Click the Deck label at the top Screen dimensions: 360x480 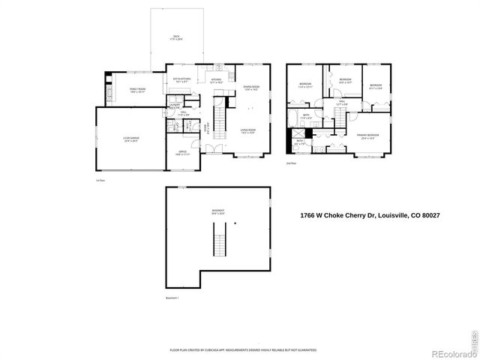[x=176, y=37]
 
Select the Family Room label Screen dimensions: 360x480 [x=137, y=89]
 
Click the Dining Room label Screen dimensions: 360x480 [x=250, y=88]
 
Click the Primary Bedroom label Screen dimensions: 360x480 [x=368, y=136]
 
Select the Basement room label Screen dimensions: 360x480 [x=217, y=211]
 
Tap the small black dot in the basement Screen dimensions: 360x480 [x=235, y=223]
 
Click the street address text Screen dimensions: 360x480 [x=369, y=216]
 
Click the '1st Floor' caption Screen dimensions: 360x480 [x=101, y=179]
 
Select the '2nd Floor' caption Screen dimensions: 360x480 [x=291, y=162]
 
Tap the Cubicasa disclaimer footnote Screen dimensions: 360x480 [x=243, y=349]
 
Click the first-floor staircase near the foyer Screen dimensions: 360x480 [x=219, y=119]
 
